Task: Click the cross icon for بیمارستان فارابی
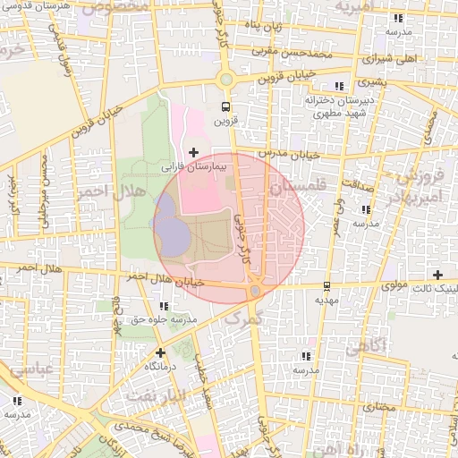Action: tap(193, 153)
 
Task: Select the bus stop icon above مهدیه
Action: tap(327, 286)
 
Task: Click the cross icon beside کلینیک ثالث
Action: tap(437, 275)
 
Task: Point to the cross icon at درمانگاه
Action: tap(160, 352)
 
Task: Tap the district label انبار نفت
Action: tap(158, 394)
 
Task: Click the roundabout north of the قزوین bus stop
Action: tap(226, 79)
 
